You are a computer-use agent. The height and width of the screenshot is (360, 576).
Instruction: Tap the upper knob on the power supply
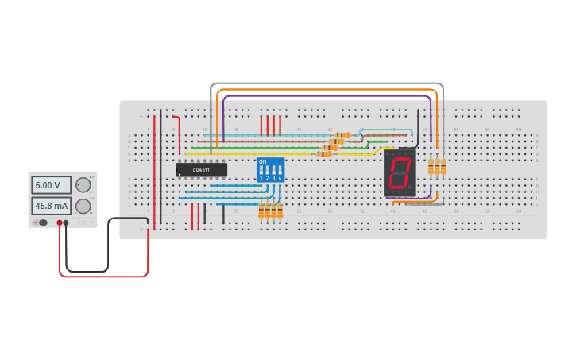(83, 185)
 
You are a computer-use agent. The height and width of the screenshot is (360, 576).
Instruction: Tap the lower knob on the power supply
(83, 206)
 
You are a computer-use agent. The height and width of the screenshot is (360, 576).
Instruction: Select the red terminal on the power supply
(60, 223)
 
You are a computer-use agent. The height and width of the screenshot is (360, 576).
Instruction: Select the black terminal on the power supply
(66, 223)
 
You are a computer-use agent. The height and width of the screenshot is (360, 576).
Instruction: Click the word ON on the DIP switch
(262, 161)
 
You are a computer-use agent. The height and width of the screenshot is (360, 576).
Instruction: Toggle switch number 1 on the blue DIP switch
(261, 170)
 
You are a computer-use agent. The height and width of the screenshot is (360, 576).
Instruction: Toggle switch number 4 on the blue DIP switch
(280, 170)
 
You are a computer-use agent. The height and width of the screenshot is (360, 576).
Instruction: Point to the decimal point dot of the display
(410, 191)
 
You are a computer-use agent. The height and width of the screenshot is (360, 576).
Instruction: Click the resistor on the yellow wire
(324, 153)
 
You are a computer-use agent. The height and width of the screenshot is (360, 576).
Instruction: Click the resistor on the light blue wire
(343, 135)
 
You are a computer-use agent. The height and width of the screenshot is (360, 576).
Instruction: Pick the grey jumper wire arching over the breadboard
(326, 83)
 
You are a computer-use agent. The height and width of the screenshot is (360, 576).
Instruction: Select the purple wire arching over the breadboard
(326, 96)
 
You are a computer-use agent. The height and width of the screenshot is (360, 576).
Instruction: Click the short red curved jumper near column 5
(178, 127)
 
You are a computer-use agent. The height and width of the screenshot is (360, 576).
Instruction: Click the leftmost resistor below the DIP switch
(261, 211)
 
